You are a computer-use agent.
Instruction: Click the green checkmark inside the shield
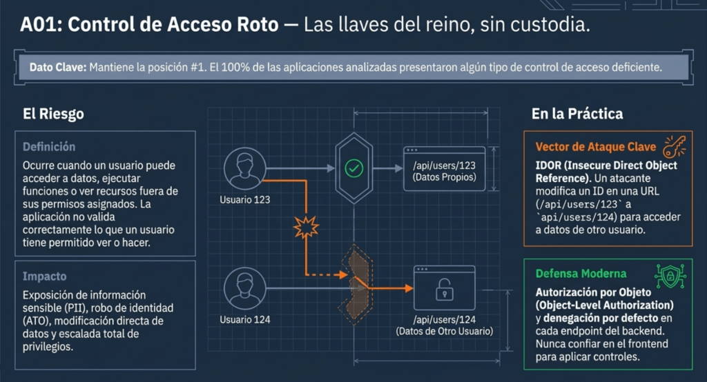tap(354, 167)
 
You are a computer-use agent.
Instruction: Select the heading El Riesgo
tap(53, 114)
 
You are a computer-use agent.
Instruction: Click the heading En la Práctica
tap(577, 114)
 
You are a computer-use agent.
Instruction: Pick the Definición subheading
tap(49, 147)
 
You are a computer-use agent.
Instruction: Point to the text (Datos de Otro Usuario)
tap(444, 331)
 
